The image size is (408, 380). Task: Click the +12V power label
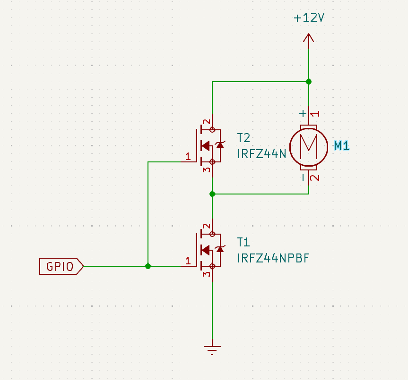coord(309,18)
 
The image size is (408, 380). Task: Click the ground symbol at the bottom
coord(212,350)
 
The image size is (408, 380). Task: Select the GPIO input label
coord(61,267)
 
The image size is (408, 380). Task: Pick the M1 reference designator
coord(341,146)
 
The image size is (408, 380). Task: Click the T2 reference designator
coord(243,138)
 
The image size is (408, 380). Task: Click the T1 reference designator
coord(243,242)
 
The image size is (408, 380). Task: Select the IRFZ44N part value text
coord(261,154)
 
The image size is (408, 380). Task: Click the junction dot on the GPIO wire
coord(148,266)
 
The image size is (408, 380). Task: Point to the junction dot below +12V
coord(309,82)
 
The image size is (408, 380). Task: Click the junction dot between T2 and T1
coord(212,194)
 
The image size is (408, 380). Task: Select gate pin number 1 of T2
coord(188,157)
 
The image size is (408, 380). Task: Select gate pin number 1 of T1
coord(188,261)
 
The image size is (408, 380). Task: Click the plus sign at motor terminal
coord(303,114)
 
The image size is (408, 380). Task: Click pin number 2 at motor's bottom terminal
coord(315,178)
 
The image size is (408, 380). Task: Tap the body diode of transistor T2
coord(219,145)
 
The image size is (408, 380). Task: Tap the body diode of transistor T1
coord(219,249)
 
